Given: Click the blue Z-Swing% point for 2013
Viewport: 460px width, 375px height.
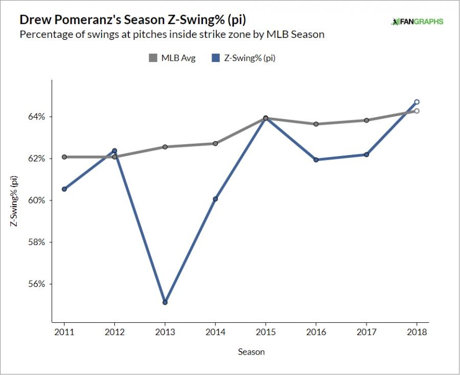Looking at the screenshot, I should (165, 302).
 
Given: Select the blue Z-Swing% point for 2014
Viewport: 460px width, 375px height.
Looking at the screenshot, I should (215, 198).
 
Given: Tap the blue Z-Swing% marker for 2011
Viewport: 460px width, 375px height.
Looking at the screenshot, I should (64, 189).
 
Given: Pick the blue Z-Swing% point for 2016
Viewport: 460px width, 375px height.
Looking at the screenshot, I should (316, 160).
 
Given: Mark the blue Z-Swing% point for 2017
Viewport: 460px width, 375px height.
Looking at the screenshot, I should (366, 155).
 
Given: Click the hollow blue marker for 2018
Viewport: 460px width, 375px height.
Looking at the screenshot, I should (417, 102).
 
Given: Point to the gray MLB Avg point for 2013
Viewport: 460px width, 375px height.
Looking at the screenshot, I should (165, 147).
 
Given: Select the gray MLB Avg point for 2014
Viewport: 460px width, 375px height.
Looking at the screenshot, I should (215, 143).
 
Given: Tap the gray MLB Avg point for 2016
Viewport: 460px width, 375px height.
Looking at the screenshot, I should (316, 124).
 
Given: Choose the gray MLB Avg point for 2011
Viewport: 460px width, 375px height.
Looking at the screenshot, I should (64, 157).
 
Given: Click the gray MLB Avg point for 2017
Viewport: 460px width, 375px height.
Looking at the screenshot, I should (366, 120).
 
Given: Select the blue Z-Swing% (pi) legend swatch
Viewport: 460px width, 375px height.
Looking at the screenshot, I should (216, 58).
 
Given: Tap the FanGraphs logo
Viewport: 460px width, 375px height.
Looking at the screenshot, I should (417, 21).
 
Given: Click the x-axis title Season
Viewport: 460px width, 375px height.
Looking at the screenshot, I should (251, 352).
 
